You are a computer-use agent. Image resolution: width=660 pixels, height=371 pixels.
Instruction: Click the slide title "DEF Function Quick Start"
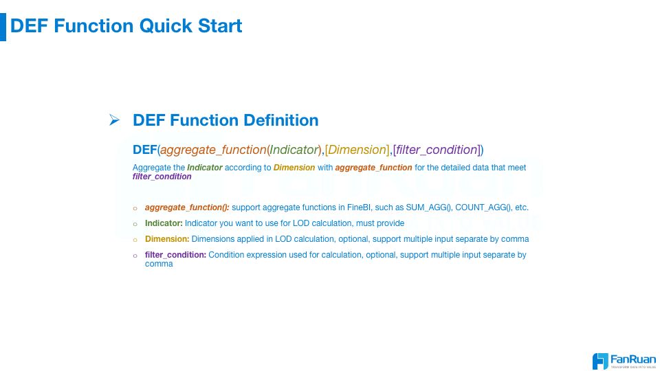[126, 26]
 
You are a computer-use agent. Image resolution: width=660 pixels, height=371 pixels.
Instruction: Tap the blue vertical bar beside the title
[3, 27]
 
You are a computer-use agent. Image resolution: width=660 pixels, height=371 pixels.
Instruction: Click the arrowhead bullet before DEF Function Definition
[114, 120]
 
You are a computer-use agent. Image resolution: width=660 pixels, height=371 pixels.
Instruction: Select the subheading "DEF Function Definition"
[225, 120]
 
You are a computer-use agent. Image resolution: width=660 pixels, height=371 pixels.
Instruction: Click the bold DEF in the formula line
[145, 150]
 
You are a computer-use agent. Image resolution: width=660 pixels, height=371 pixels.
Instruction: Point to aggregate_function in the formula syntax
[213, 150]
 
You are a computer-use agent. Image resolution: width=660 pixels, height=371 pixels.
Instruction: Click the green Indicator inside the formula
[294, 150]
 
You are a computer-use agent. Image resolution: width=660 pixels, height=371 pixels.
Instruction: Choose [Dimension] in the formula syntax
[357, 150]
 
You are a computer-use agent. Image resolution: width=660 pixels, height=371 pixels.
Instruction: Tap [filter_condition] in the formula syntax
[437, 150]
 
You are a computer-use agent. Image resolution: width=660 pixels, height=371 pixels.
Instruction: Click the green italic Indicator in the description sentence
[205, 168]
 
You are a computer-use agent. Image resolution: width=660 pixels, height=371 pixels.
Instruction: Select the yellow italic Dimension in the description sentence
[294, 168]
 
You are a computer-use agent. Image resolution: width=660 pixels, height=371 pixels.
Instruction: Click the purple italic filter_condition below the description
[162, 177]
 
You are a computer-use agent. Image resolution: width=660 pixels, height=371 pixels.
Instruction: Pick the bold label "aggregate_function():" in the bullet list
[187, 207]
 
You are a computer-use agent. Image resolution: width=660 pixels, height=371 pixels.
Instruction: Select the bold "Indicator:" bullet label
[164, 223]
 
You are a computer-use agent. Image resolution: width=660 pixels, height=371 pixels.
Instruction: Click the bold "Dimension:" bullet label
[167, 239]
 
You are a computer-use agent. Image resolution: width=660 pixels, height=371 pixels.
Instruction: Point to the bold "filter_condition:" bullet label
[175, 255]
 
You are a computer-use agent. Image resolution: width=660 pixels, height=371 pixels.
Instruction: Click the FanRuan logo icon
[600, 361]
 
